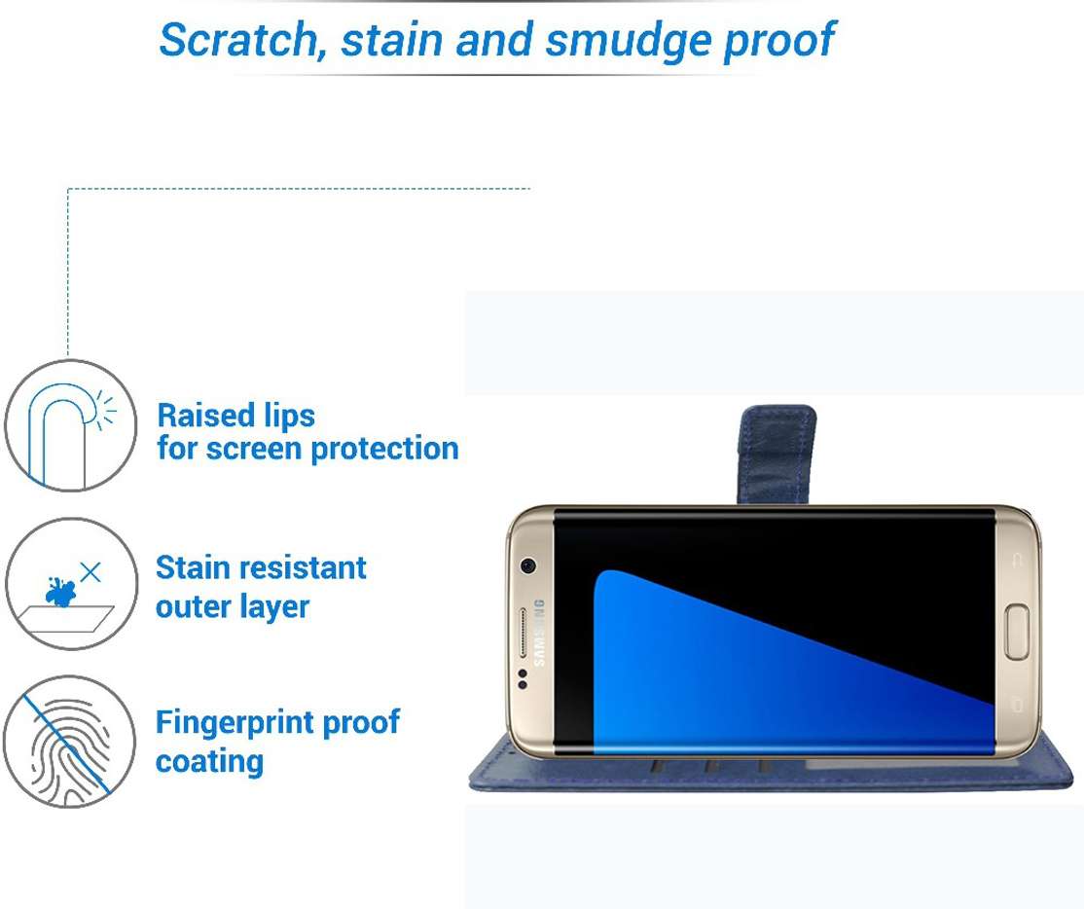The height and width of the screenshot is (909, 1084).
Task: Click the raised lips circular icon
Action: [x=71, y=425]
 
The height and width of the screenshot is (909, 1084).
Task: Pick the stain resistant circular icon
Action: [x=71, y=584]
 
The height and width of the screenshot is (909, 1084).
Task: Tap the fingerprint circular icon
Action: [x=69, y=742]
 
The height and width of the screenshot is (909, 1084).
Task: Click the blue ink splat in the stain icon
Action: [x=61, y=591]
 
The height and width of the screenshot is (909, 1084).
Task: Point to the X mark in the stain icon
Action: [x=90, y=571]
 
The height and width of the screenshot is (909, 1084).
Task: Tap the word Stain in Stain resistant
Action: [x=193, y=567]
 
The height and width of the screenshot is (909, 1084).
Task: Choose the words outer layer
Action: [x=233, y=606]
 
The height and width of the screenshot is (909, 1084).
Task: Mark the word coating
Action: [x=209, y=760]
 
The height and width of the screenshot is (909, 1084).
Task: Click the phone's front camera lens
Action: [x=528, y=564]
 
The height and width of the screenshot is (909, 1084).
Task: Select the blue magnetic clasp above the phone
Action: [x=777, y=453]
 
